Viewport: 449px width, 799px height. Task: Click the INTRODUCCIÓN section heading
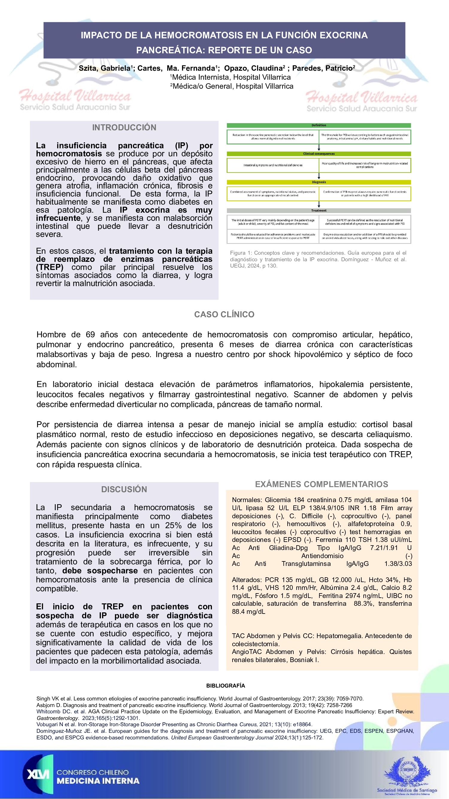(x=124, y=128)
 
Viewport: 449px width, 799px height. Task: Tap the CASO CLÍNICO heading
(x=224, y=315)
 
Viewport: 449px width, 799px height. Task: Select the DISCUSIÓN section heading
(x=124, y=490)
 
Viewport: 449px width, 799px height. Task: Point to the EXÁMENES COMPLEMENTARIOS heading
(x=321, y=484)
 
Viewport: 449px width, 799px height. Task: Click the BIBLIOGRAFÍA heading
(x=225, y=685)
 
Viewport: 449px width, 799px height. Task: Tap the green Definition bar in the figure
(x=318, y=125)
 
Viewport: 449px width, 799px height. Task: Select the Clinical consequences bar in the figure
(x=318, y=154)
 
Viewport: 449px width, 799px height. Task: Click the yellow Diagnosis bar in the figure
(x=318, y=182)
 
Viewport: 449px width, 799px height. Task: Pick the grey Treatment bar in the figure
(x=318, y=211)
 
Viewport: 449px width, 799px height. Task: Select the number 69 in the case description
(x=90, y=335)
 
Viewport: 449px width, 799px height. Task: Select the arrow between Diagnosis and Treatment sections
(x=318, y=204)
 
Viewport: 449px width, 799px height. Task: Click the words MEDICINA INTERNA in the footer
(x=98, y=781)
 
